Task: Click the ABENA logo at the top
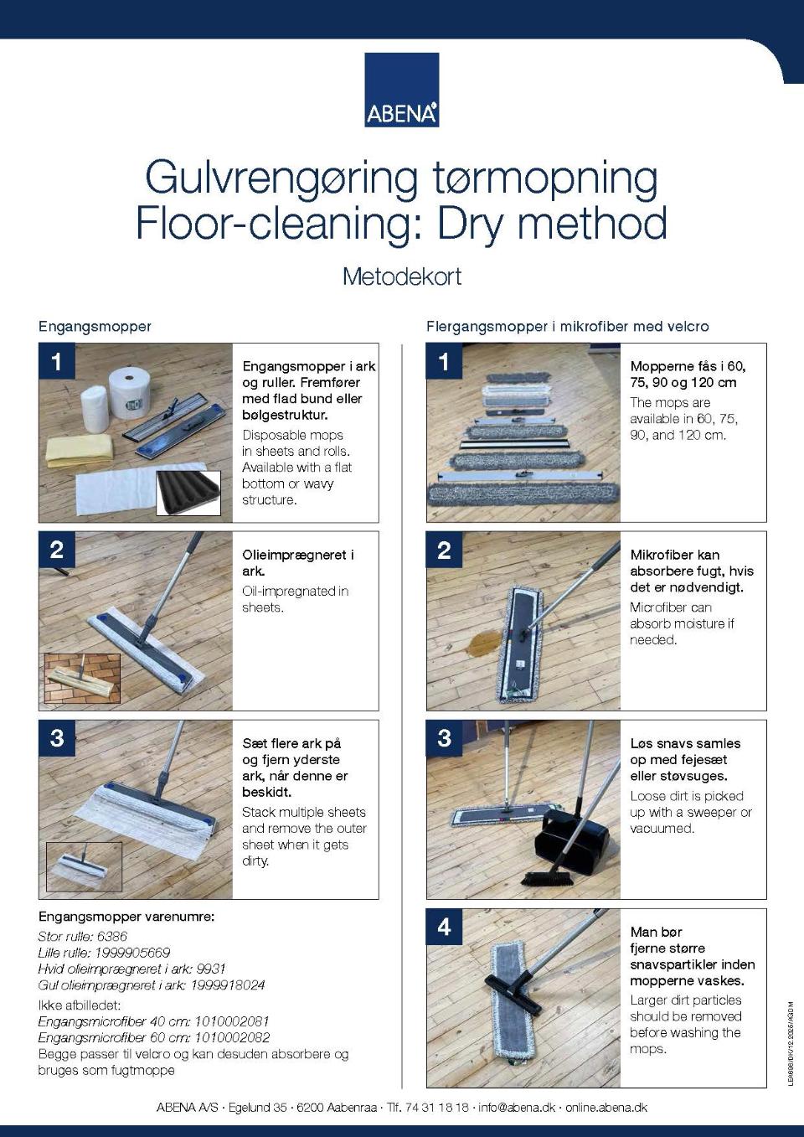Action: click(x=402, y=90)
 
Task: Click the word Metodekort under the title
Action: click(x=402, y=277)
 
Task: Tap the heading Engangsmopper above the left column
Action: click(x=95, y=327)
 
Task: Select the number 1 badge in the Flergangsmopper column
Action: click(x=444, y=361)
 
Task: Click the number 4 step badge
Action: click(x=444, y=927)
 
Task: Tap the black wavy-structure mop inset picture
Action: click(x=188, y=493)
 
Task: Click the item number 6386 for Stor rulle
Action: click(x=111, y=937)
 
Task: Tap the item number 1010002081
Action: click(x=232, y=1021)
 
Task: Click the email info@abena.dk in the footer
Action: click(x=517, y=1108)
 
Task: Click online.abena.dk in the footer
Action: click(x=606, y=1108)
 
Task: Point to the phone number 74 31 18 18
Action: click(x=436, y=1108)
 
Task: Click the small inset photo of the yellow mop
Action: click(x=82, y=678)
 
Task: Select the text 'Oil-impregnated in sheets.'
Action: click(x=296, y=599)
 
